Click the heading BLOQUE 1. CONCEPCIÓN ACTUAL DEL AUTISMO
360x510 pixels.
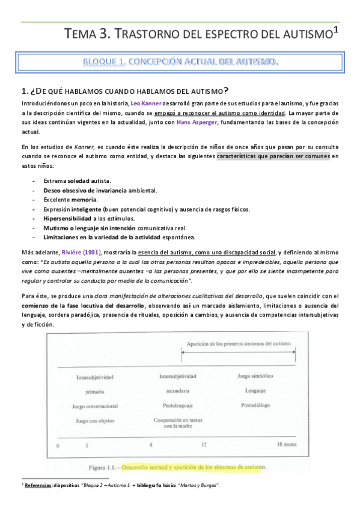[180, 62]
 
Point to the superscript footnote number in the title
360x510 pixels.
[336, 30]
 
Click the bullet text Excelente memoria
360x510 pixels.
[70, 199]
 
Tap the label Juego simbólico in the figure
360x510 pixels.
[252, 377]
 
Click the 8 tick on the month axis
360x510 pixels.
[151, 446]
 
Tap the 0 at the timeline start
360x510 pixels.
[58, 446]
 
